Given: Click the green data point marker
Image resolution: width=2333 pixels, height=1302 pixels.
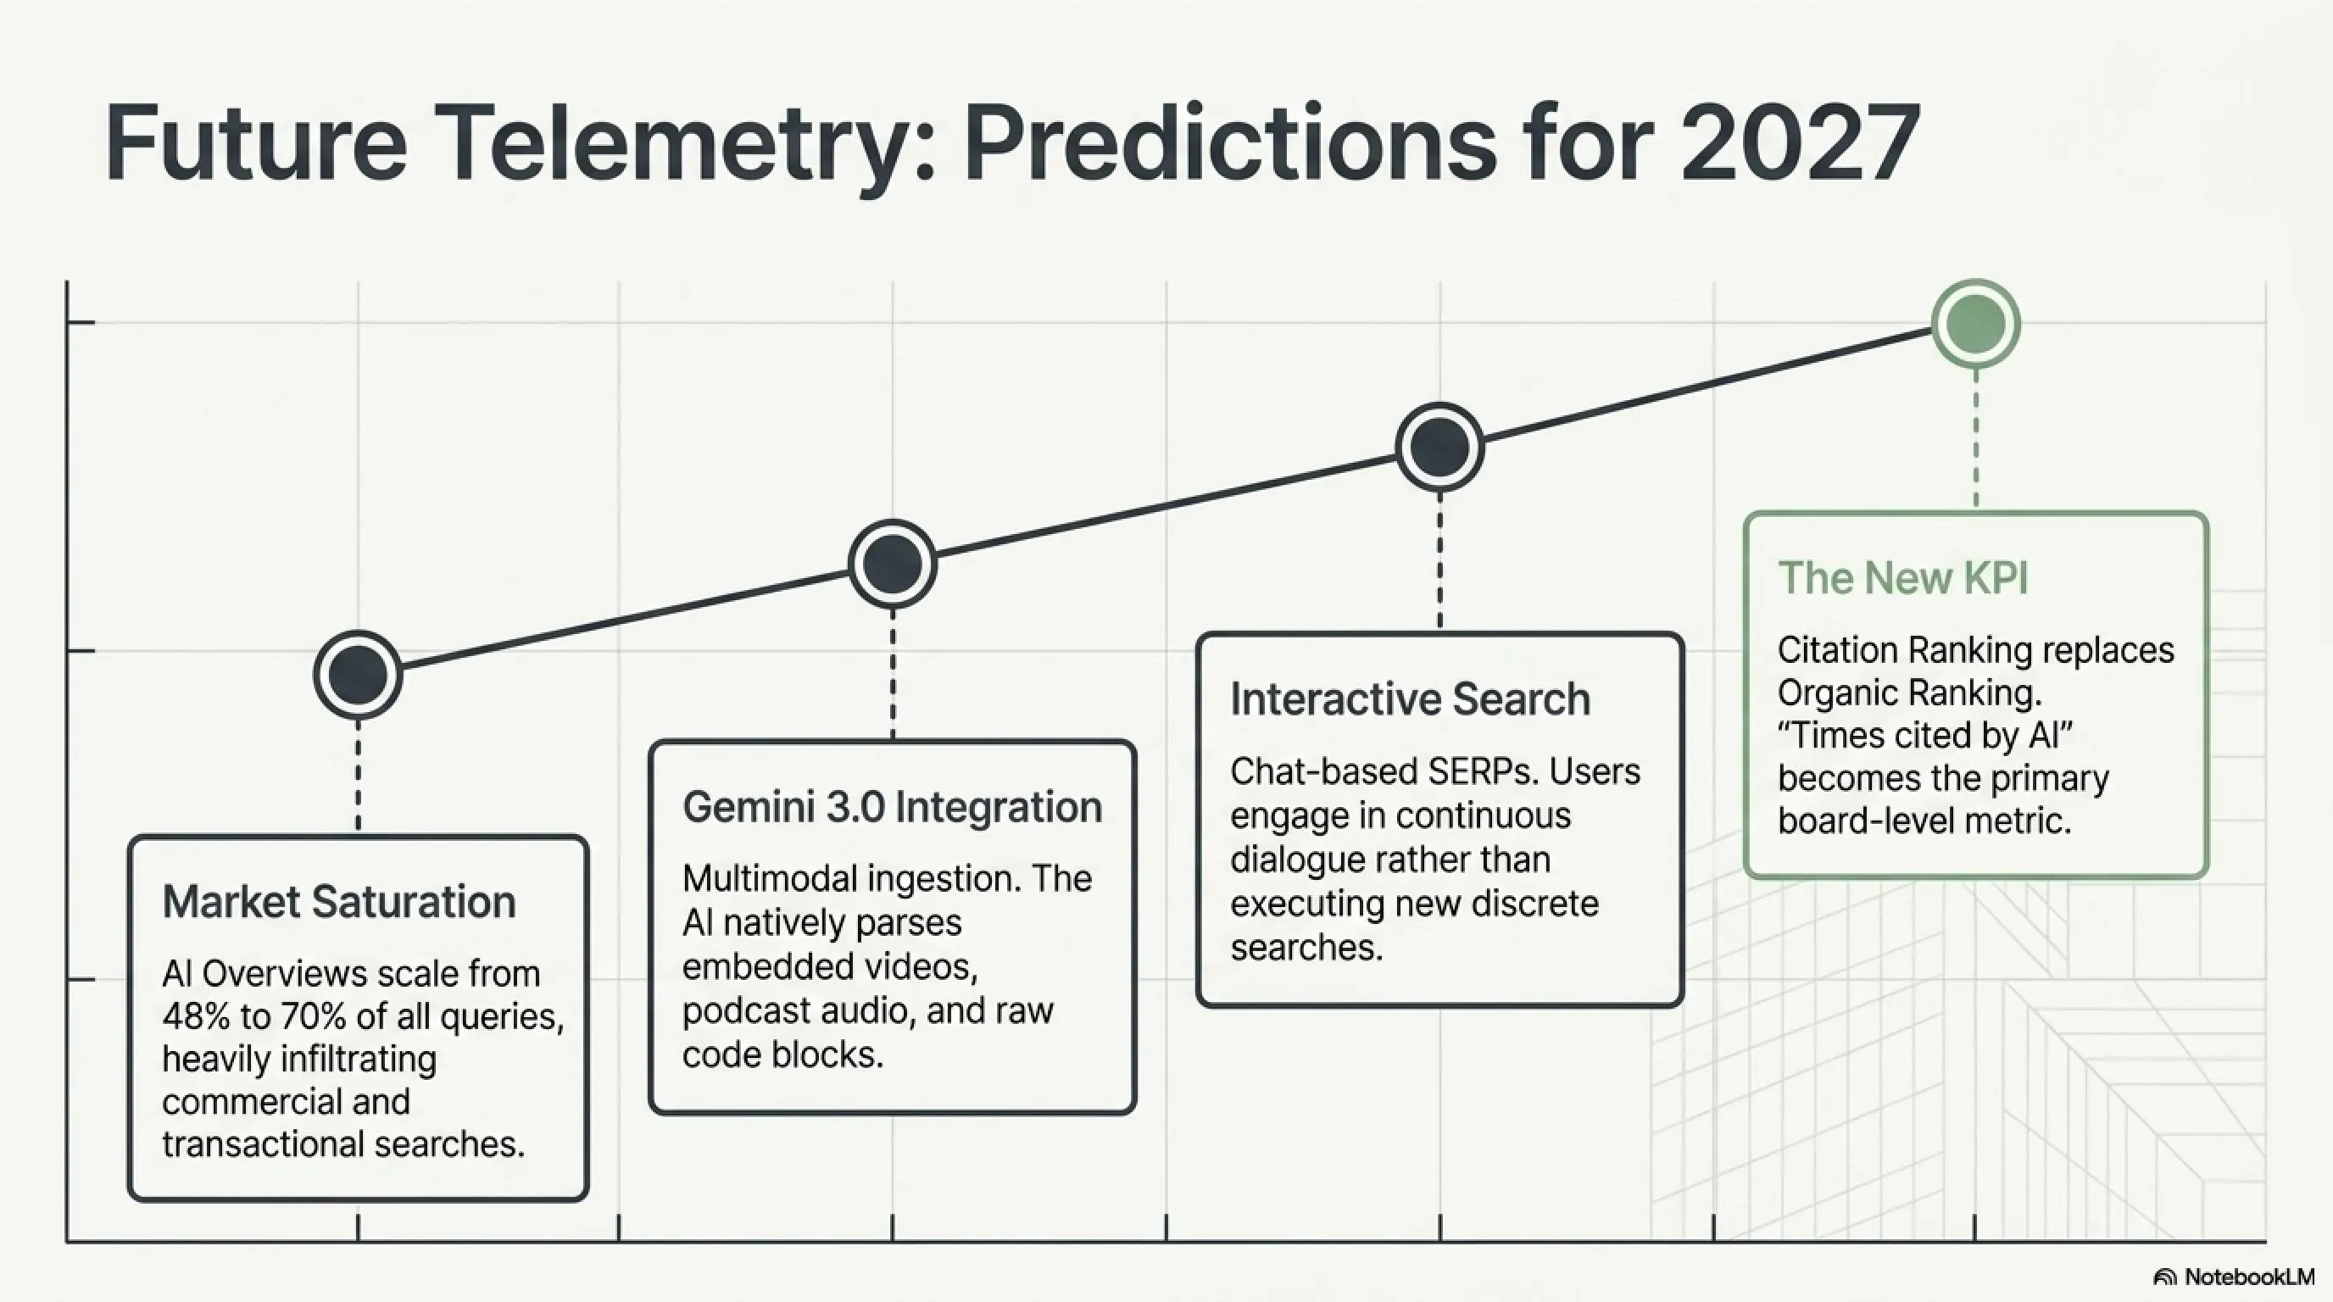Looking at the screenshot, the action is (1975, 323).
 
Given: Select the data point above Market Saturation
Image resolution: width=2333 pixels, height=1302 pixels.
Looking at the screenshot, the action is (359, 675).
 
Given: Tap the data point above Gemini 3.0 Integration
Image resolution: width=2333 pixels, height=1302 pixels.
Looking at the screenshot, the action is (893, 563).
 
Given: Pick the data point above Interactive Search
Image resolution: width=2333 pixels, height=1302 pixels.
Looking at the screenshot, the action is (1440, 447).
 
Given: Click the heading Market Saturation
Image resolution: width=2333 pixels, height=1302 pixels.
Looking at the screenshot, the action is (339, 901).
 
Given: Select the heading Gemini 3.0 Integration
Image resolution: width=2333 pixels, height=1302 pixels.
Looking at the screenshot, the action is (892, 807).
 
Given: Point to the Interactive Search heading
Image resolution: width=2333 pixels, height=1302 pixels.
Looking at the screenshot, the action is (1410, 699).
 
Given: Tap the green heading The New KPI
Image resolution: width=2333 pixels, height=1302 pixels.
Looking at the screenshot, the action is (1903, 577).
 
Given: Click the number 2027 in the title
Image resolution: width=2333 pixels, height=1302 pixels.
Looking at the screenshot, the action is (1799, 143).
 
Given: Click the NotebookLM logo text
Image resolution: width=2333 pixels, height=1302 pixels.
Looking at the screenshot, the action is (2249, 1277).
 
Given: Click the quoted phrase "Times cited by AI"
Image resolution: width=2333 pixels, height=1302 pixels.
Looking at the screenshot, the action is (1925, 735).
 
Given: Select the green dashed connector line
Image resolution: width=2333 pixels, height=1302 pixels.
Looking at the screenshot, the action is (1975, 437).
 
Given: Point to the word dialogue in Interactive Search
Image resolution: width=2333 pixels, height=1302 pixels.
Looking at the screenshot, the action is (1289, 860).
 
